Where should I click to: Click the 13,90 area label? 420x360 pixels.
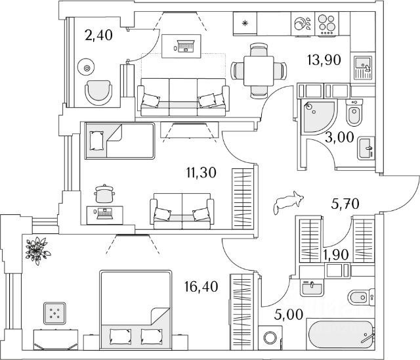coord(324,60)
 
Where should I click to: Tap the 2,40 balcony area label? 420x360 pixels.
coord(98,35)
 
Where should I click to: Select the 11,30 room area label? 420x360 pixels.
coord(201,173)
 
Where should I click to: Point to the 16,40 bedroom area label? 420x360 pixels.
coord(201,287)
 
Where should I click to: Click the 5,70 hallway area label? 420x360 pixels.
coord(345,204)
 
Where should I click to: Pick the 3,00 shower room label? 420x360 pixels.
coord(339,137)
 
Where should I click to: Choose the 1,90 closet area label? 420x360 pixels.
coord(335,255)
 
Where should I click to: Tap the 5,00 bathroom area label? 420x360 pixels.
coord(289,314)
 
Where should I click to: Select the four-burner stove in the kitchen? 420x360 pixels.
coord(327,24)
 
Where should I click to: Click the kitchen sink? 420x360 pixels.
coord(363,68)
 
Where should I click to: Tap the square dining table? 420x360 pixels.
coord(259,71)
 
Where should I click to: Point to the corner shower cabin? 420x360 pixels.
coord(318,117)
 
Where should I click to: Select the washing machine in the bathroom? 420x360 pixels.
coord(270,338)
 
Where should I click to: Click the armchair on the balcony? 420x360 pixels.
coord(98,93)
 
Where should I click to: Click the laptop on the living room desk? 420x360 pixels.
coord(185,46)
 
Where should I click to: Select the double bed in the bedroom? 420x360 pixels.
coord(135,310)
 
